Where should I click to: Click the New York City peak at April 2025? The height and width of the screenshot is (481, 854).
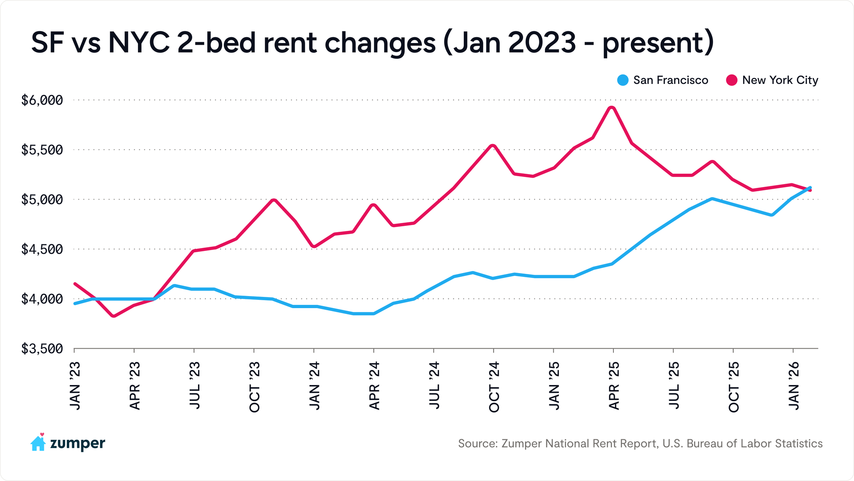coord(612,108)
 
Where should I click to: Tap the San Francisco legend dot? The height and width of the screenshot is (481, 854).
coord(623,80)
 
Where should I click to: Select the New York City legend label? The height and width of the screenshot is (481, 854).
coord(780,80)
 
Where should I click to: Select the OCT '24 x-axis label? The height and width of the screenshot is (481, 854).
coord(494,386)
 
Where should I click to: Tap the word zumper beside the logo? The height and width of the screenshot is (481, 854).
coord(78,443)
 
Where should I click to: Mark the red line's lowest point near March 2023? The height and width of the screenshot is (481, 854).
coord(113,316)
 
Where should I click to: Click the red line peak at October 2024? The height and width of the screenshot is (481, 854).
coord(493,146)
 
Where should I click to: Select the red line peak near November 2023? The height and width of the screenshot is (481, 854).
coord(274,200)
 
